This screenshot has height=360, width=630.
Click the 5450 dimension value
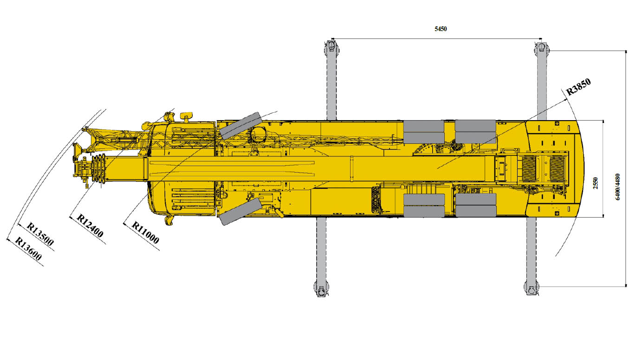[x=441, y=29]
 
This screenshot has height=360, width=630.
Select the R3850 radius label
[x=578, y=87]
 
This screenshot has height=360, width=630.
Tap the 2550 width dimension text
[x=595, y=183]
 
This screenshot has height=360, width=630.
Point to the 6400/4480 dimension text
[x=617, y=187]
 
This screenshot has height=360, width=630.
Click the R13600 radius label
[x=28, y=249]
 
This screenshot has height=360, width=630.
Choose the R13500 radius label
[x=40, y=234]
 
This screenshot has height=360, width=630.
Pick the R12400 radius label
[x=90, y=225]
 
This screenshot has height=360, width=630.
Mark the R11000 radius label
[x=145, y=232]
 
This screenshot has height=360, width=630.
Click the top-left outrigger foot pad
[x=331, y=46]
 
